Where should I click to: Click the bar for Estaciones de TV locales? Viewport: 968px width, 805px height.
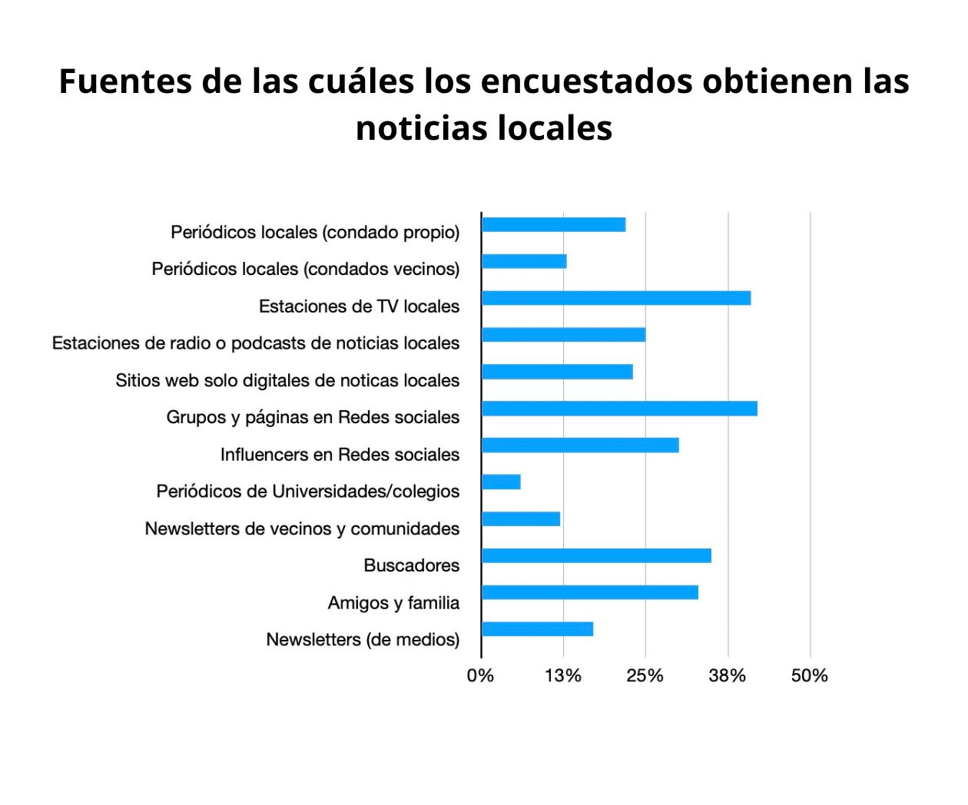click(616, 298)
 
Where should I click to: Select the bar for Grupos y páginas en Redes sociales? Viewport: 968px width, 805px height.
click(619, 409)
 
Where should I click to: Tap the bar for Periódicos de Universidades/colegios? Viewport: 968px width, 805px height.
click(501, 482)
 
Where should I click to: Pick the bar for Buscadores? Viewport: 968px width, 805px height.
click(596, 555)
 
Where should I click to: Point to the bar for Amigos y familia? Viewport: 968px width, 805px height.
click(590, 592)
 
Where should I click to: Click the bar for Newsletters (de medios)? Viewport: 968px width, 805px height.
click(537, 629)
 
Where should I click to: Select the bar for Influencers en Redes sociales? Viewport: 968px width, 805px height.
click(580, 445)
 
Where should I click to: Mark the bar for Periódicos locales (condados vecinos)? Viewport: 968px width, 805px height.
click(524, 261)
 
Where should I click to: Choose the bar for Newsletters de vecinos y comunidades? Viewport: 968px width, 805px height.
click(521, 518)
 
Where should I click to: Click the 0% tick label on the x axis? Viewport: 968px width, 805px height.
click(480, 676)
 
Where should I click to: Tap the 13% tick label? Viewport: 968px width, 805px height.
click(563, 676)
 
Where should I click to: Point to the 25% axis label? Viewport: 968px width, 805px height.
click(645, 676)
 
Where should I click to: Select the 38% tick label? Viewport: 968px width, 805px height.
click(727, 676)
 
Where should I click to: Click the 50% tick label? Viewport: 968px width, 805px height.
click(809, 676)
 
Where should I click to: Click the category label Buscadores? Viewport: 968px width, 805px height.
click(411, 565)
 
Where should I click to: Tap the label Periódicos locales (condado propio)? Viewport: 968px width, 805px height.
click(315, 232)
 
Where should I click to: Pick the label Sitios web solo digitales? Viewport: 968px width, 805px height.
click(287, 380)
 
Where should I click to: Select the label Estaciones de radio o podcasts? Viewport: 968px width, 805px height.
click(256, 343)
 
